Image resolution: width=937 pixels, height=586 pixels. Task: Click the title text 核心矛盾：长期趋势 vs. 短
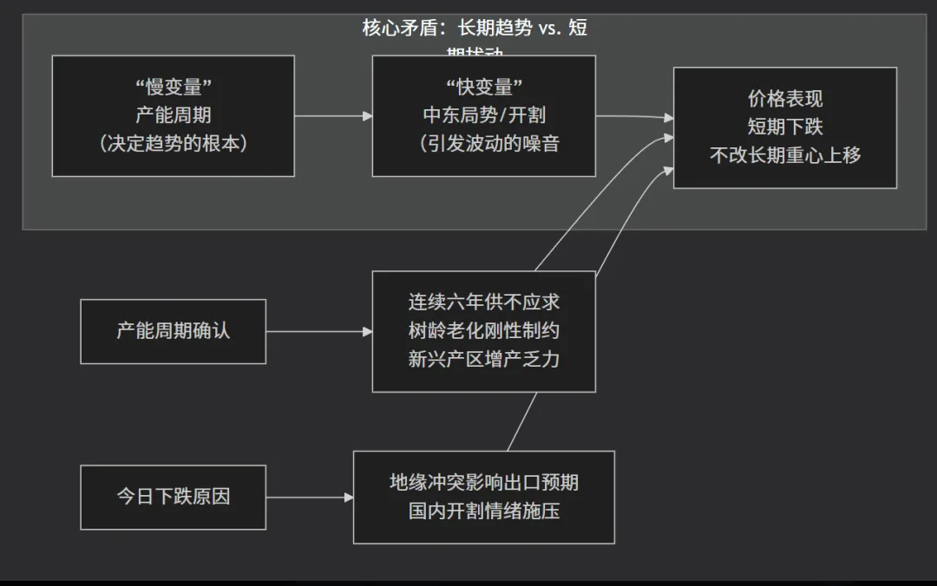(475, 28)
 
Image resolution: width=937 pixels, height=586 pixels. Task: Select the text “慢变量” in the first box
(173, 88)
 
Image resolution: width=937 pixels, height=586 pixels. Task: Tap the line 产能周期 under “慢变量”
(173, 115)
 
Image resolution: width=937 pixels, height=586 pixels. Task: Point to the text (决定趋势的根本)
(173, 143)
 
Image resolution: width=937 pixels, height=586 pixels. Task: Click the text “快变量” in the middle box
(483, 88)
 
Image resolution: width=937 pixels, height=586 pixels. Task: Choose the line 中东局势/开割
(483, 115)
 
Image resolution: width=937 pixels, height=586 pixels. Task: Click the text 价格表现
(784, 99)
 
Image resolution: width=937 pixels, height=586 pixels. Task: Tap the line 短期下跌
(784, 127)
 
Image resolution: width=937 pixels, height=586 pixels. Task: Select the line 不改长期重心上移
(784, 155)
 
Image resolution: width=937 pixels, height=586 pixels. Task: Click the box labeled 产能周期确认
(173, 331)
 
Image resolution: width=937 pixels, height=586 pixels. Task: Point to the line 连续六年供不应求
(483, 303)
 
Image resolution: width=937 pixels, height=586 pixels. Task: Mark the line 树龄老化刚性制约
(483, 331)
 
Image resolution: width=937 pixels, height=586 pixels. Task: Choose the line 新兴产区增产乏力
(483, 359)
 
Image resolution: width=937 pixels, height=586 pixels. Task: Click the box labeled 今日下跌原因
(173, 498)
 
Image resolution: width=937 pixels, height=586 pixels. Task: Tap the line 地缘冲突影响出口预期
(483, 483)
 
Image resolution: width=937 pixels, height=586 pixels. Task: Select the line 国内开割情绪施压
(483, 511)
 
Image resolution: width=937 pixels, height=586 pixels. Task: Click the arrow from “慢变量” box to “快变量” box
(333, 115)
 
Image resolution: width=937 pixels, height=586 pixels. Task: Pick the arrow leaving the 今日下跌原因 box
(309, 498)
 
